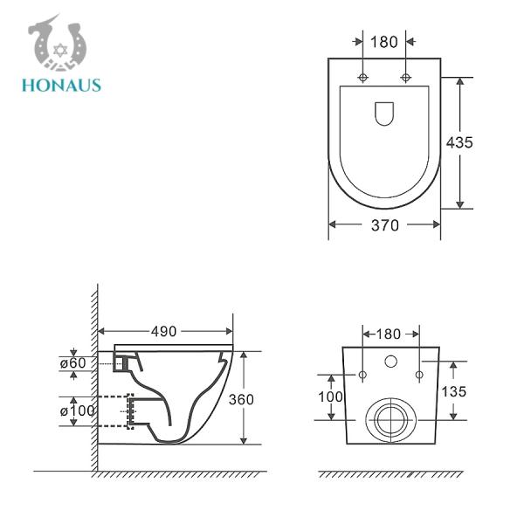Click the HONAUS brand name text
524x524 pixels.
(63, 86)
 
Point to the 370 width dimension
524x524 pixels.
(384, 225)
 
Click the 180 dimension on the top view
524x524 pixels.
(384, 41)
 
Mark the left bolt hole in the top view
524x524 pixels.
(363, 78)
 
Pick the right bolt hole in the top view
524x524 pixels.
(405, 78)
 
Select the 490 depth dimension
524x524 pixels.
(164, 331)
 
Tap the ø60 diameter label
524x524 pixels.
(72, 362)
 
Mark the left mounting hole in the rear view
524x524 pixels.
(362, 375)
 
